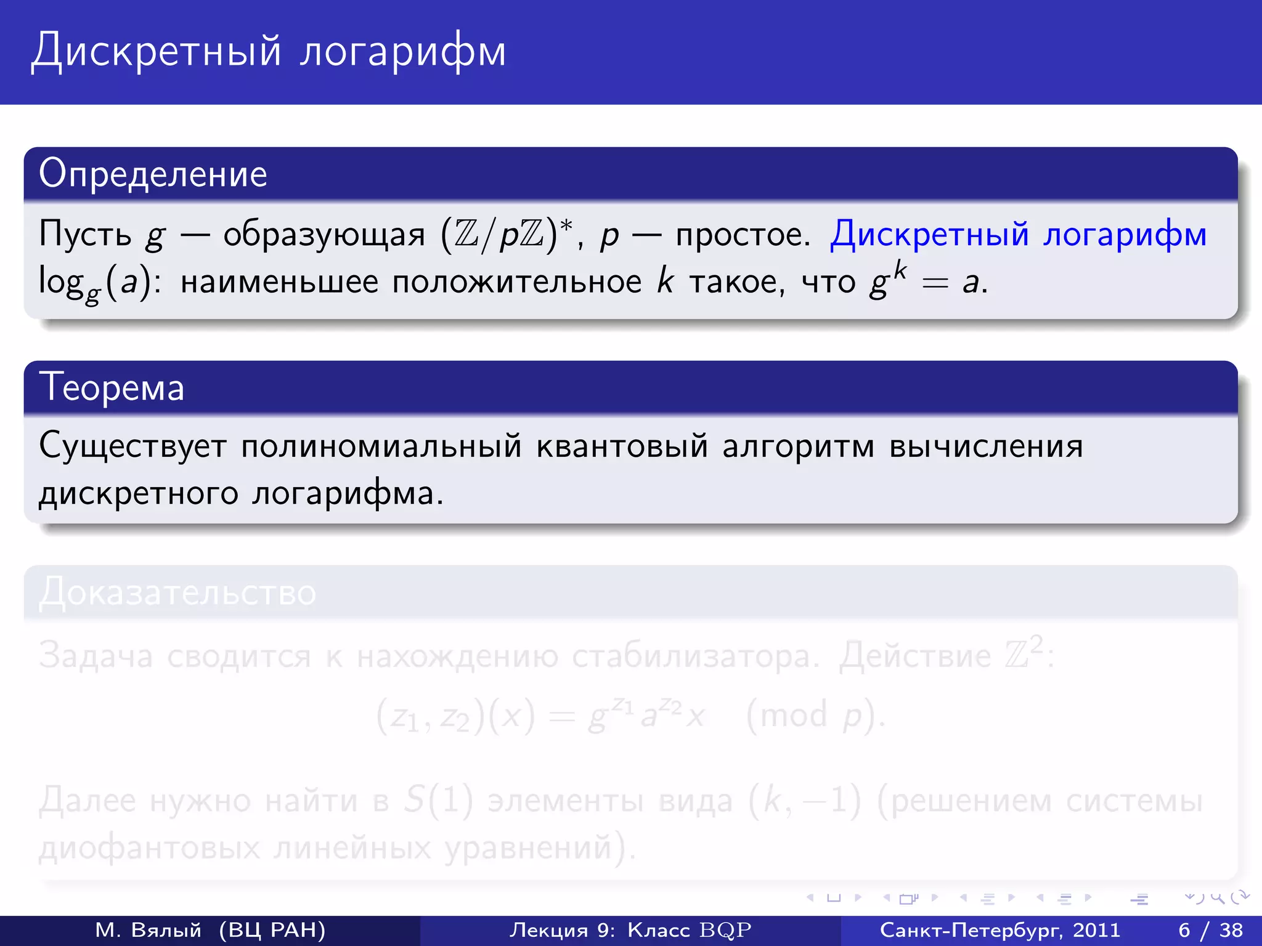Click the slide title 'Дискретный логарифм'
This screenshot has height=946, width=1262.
pyautogui.click(x=269, y=51)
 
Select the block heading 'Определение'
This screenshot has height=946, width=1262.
pyautogui.click(x=153, y=174)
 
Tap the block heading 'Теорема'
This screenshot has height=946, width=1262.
pyautogui.click(x=112, y=388)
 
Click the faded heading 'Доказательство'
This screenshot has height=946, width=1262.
pyautogui.click(x=177, y=592)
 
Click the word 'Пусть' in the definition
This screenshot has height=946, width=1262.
pyautogui.click(x=85, y=235)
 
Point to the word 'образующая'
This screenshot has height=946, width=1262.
pyautogui.click(x=324, y=235)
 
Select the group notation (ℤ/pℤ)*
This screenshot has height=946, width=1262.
pyautogui.click(x=507, y=235)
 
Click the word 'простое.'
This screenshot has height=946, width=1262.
pyautogui.click(x=743, y=235)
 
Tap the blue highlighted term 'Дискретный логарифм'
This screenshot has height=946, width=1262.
pyautogui.click(x=1018, y=235)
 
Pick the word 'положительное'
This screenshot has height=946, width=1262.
pyautogui.click(x=516, y=282)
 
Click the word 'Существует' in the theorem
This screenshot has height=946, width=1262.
pyautogui.click(x=132, y=446)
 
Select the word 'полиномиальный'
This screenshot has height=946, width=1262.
pyautogui.click(x=381, y=446)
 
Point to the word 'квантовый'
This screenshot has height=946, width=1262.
pyautogui.click(x=622, y=446)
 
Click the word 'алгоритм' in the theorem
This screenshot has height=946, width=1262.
pyautogui.click(x=798, y=446)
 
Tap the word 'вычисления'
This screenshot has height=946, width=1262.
pyautogui.click(x=986, y=446)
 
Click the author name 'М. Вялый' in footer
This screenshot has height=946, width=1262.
pyautogui.click(x=148, y=930)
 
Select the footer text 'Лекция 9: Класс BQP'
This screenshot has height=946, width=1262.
pyautogui.click(x=630, y=930)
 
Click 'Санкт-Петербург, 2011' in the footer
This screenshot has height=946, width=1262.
pyautogui.click(x=999, y=930)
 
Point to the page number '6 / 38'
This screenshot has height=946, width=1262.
pyautogui.click(x=1210, y=930)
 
